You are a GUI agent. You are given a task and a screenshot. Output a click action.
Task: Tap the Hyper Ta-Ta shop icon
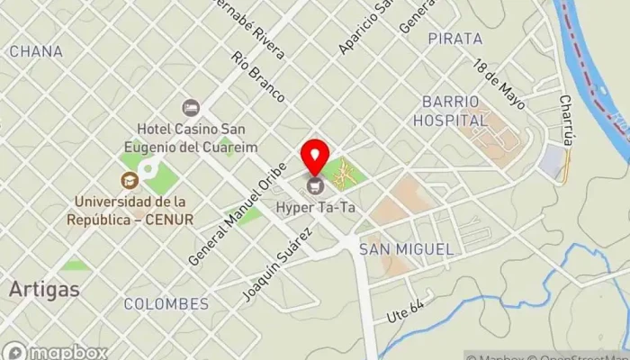pyautogui.click(x=315, y=186)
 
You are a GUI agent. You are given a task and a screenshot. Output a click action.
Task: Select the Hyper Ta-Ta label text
pyautogui.click(x=315, y=208)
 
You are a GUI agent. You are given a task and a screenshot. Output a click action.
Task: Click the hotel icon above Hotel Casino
pyautogui.click(x=190, y=108)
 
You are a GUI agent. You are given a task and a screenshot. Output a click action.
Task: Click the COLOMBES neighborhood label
pyautogui.click(x=166, y=302)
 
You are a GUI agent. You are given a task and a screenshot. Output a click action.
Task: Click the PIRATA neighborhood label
pyautogui.click(x=455, y=39)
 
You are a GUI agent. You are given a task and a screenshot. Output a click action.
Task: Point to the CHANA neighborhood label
pyautogui.click(x=36, y=51)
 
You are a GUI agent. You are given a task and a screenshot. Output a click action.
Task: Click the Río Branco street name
pyautogui.click(x=258, y=76)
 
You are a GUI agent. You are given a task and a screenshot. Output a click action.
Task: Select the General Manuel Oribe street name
pyautogui.click(x=237, y=213)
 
